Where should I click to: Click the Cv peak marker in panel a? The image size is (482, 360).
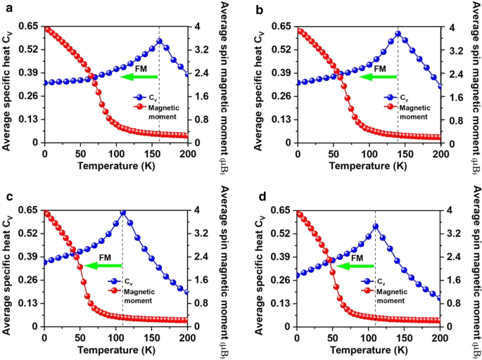click(159, 41)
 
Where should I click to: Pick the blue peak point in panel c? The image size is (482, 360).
click(123, 212)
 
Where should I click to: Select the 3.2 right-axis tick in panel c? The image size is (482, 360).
click(200, 233)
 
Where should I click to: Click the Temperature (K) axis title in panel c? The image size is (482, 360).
click(116, 349)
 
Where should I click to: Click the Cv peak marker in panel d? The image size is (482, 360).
click(375, 226)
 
